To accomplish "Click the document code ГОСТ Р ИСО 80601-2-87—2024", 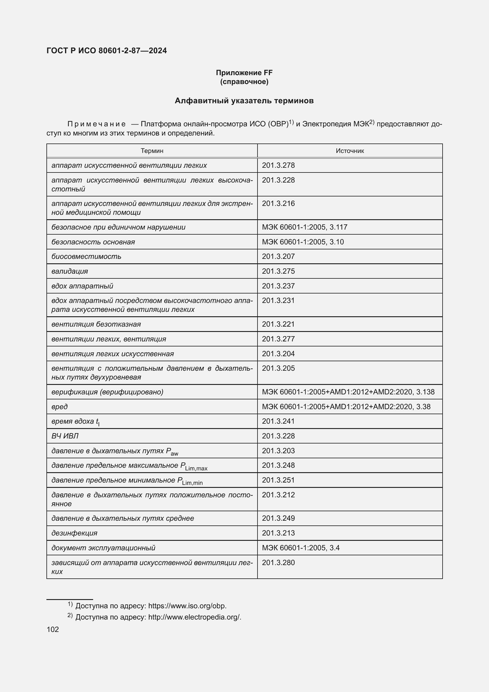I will click(x=107, y=50).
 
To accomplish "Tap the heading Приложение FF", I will click(x=244, y=73).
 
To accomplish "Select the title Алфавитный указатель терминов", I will click(x=244, y=101).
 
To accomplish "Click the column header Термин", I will click(x=152, y=151).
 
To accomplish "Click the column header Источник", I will click(x=349, y=151).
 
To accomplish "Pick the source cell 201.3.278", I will click(x=278, y=165).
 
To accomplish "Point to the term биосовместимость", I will click(x=86, y=257).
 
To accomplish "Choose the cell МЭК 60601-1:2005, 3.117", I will click(x=305, y=227).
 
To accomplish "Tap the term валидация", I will click(x=69, y=271).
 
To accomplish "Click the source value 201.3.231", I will click(x=278, y=301).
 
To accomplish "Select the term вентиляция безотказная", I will click(x=96, y=324).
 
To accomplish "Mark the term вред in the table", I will click(x=59, y=407).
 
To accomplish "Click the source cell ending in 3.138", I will click(x=348, y=392).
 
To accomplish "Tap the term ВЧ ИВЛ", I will click(x=65, y=436).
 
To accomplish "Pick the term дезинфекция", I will click(x=75, y=533).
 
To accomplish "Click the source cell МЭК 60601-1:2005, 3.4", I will click(x=300, y=548).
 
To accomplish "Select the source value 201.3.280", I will click(x=278, y=562).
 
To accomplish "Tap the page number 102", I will click(x=53, y=629).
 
